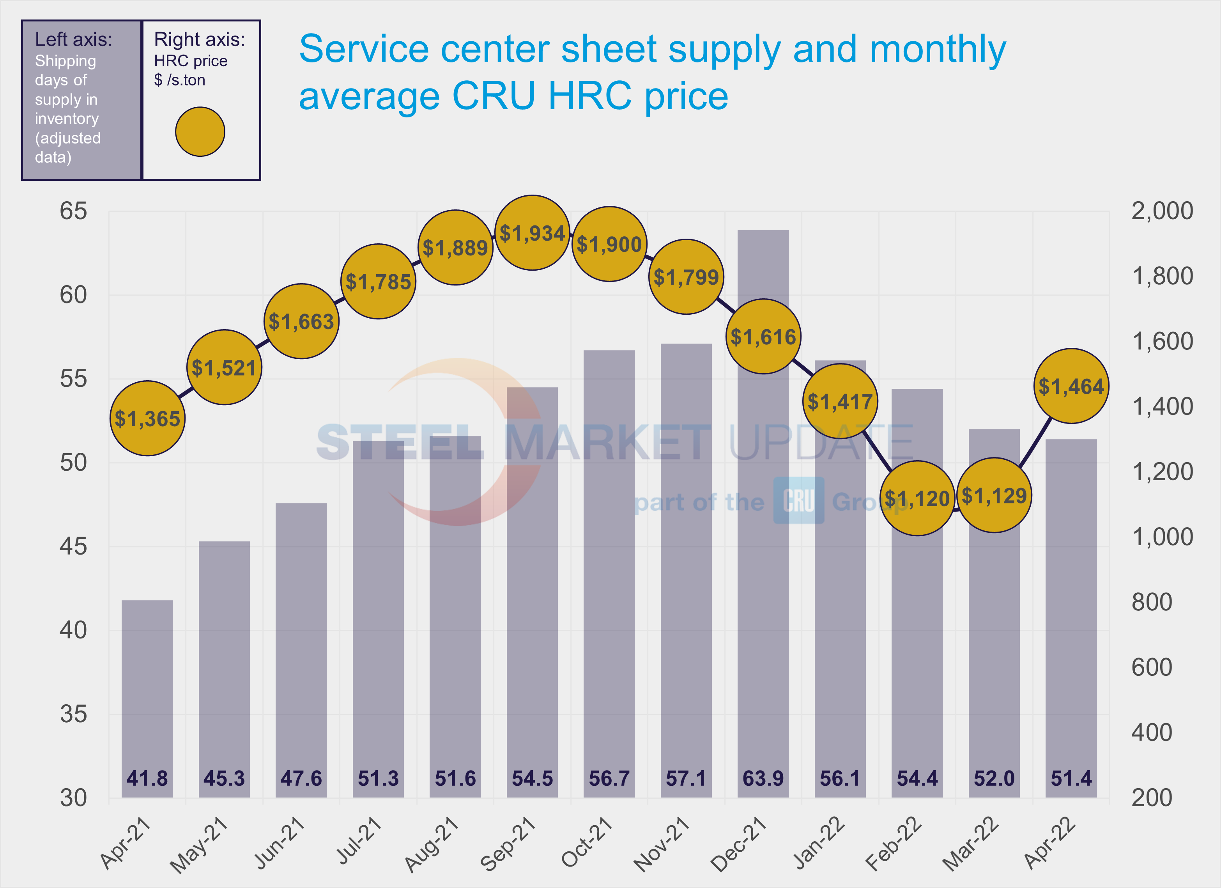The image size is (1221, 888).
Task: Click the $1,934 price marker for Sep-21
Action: [x=532, y=233]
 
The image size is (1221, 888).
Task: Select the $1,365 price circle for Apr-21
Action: [x=147, y=418]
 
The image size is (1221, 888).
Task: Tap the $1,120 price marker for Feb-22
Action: [x=917, y=498]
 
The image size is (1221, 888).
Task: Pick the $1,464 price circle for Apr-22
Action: [x=1071, y=386]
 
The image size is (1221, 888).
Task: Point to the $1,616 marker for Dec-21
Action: [x=763, y=337]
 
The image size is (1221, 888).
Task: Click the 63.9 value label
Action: [x=763, y=778]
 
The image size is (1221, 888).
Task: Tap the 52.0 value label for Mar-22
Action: [x=994, y=778]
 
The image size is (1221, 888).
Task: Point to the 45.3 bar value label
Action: [x=224, y=778]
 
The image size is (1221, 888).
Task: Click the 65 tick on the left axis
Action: [x=73, y=211]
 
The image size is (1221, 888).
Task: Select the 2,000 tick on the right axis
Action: [x=1162, y=211]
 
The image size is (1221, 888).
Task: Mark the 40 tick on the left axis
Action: [x=73, y=630]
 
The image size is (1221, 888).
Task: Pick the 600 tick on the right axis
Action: [x=1152, y=667]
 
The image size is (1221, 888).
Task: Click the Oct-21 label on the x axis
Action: [x=587, y=843]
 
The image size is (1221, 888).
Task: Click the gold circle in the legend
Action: [x=200, y=131]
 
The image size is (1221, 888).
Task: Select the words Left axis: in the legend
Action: [x=74, y=39]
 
